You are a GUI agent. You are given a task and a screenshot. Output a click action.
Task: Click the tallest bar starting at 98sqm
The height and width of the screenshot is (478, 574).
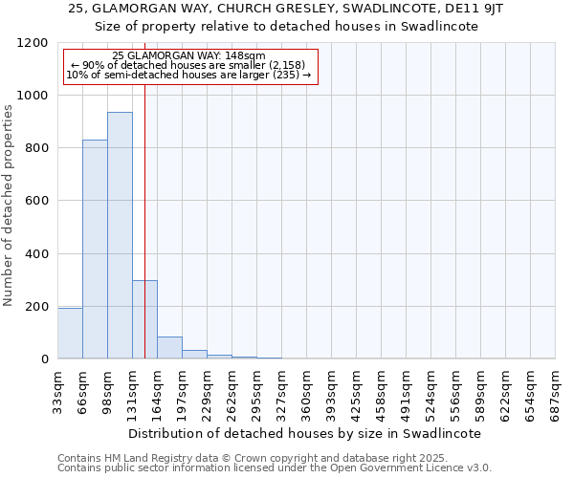pyautogui.click(x=120, y=235)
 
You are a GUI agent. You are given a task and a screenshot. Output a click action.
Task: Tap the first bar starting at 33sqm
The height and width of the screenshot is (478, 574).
pyautogui.click(x=70, y=333)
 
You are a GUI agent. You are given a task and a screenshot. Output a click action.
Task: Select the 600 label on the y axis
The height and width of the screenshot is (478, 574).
pyautogui.click(x=35, y=201)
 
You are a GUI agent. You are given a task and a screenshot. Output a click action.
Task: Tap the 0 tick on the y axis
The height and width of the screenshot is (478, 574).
pyautogui.click(x=44, y=359)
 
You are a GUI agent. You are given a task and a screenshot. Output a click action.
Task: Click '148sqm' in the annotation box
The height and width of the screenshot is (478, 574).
pyautogui.click(x=247, y=56)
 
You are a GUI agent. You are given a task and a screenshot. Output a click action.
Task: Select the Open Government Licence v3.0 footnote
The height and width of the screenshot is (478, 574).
pyautogui.click(x=275, y=468)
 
